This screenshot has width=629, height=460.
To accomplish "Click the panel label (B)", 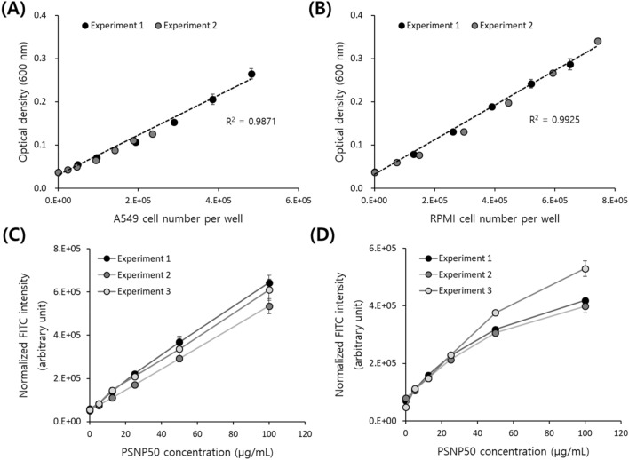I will pos(337,12).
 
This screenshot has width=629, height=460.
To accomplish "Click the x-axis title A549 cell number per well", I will pos(177,218).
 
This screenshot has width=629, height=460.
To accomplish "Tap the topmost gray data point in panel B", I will pos(598,41).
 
